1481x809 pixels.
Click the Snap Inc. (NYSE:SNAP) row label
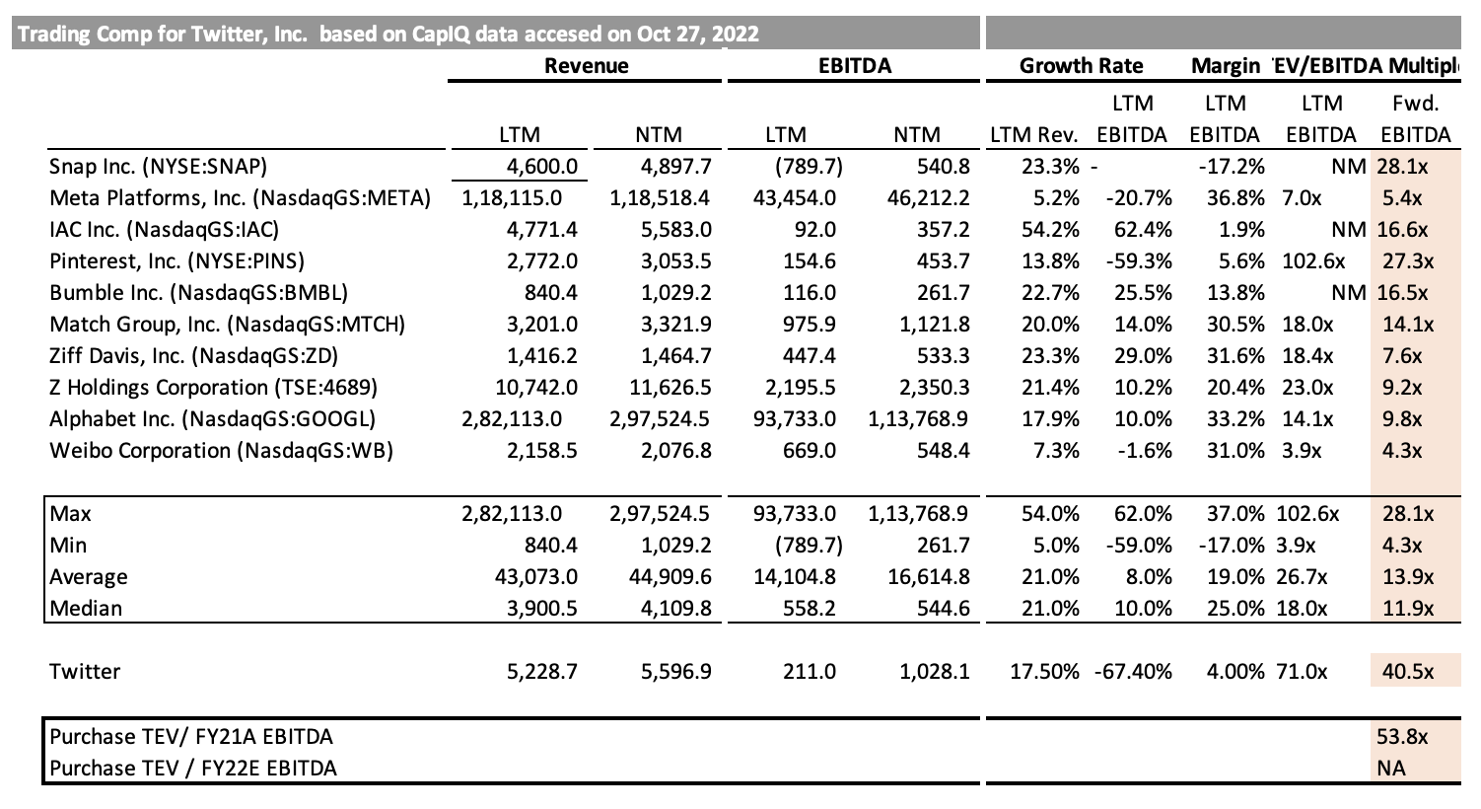[x=158, y=167]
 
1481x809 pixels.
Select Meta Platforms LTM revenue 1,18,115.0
[x=512, y=197]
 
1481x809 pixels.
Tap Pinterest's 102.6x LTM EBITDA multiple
[x=1313, y=261]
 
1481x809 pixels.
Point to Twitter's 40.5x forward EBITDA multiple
[x=1408, y=672]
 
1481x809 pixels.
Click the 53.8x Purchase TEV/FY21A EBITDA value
[x=1402, y=736]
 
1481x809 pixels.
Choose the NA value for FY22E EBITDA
[x=1391, y=768]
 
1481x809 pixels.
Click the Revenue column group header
[x=586, y=65]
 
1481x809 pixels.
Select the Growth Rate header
[x=1081, y=65]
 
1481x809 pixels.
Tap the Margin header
[x=1226, y=65]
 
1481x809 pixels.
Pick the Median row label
[x=86, y=608]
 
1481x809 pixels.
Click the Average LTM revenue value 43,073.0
[x=536, y=577]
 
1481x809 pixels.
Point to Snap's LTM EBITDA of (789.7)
[x=809, y=167]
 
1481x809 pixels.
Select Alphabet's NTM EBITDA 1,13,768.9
[x=918, y=418]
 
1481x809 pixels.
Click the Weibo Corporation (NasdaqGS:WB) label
[x=222, y=451]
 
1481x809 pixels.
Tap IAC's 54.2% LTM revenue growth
[x=1050, y=230]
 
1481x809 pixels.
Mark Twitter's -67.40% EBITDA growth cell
[x=1133, y=672]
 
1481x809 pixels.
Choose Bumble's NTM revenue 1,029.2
[x=675, y=292]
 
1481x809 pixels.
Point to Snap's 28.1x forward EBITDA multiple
[x=1402, y=167]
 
